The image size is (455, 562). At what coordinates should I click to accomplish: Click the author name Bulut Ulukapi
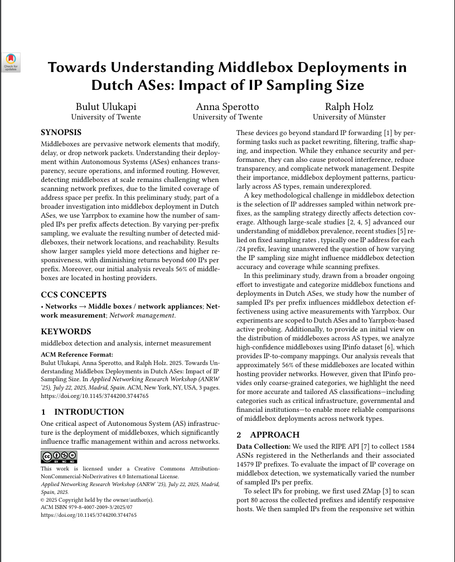(x=106, y=107)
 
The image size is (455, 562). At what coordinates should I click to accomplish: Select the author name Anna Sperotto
(x=227, y=107)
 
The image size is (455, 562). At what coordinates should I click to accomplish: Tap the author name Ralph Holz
(x=348, y=107)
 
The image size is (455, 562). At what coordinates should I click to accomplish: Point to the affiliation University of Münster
(x=348, y=117)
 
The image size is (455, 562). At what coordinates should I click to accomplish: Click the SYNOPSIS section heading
(x=61, y=133)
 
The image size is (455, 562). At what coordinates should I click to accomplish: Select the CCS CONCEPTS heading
(x=74, y=295)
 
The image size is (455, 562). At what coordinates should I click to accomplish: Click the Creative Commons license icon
(x=59, y=458)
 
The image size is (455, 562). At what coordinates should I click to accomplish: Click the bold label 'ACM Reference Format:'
(x=77, y=354)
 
